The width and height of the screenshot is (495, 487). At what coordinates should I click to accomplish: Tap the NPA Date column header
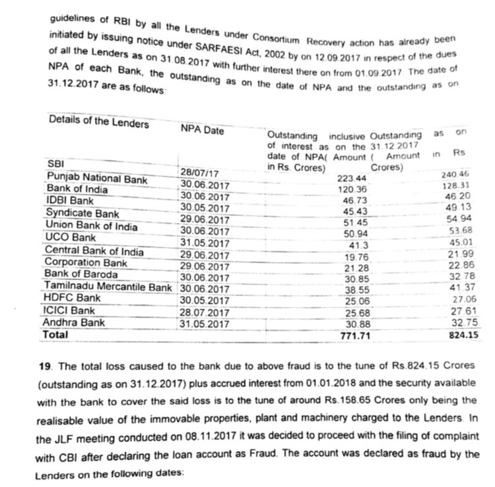coord(202,130)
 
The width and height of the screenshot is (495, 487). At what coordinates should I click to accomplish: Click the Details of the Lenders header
coord(99,123)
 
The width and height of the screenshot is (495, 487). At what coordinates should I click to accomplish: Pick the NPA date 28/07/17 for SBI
coord(199,174)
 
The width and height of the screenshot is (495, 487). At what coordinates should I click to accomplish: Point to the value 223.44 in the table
coord(351,179)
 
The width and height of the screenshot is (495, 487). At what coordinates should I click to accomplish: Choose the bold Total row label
coord(55,335)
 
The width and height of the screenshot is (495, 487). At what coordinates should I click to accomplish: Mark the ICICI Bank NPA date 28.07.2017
coord(204,313)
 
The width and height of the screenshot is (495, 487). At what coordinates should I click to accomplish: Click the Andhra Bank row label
coord(73,322)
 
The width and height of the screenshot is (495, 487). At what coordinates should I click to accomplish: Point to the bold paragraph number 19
coord(46,366)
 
